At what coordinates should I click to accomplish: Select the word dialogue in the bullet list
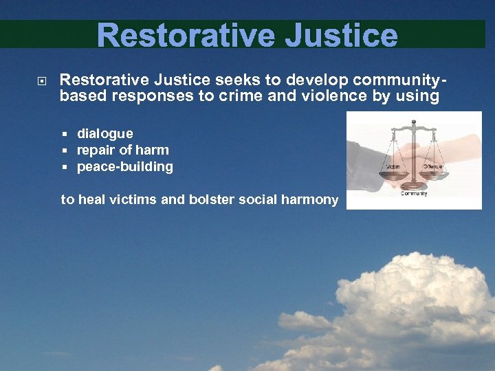point(104,133)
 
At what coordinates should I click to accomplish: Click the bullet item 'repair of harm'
point(122,150)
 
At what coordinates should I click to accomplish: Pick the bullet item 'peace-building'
point(124,166)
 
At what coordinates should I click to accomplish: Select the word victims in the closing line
point(142,200)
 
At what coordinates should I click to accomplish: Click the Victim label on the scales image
point(393,166)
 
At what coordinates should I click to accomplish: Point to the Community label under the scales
point(414,193)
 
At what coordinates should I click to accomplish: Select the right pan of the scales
point(434,174)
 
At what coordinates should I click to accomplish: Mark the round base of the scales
point(413,185)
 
